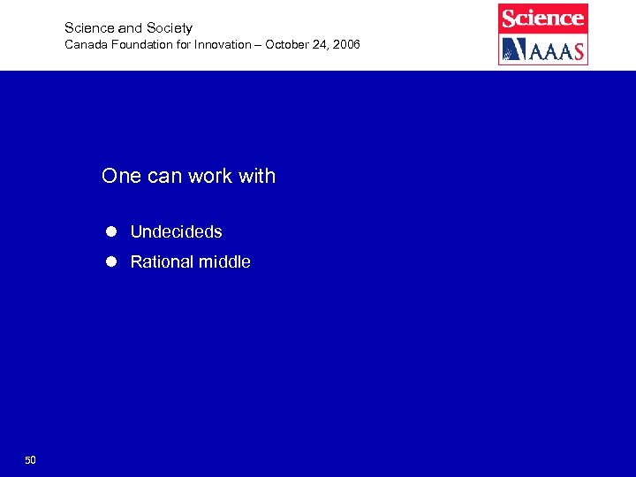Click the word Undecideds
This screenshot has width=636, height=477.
click(176, 232)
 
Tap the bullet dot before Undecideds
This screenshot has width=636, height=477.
click(111, 231)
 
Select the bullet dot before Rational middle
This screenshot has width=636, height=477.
click(111, 261)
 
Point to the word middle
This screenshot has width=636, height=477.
click(224, 262)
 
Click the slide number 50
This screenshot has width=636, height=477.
click(30, 460)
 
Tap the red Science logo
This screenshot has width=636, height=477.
click(543, 18)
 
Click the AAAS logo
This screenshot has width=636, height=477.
click(543, 49)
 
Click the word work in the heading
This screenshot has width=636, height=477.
click(210, 176)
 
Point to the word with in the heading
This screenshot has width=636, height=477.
click(257, 176)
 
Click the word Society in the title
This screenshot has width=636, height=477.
click(170, 28)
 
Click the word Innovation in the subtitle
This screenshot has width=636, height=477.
click(222, 44)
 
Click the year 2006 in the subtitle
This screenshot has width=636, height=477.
click(345, 44)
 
